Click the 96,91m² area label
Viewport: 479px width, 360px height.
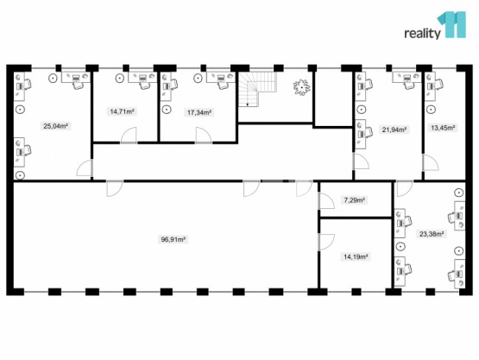(173, 239)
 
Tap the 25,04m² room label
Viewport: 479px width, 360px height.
(55, 125)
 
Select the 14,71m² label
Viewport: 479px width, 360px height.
(123, 111)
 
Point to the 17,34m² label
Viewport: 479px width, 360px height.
(199, 113)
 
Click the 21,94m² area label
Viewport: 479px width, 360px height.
(394, 129)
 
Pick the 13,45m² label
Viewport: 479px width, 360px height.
(443, 128)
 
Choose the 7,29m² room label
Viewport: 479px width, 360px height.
(356, 200)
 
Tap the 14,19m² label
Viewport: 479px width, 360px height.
(356, 256)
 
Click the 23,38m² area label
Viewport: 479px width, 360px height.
(432, 234)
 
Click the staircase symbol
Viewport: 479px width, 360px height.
(258, 89)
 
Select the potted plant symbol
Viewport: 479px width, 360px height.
(302, 87)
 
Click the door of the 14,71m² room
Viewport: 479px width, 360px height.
(129, 136)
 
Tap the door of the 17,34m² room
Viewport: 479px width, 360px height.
(204, 136)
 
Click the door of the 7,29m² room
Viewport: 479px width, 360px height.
(326, 201)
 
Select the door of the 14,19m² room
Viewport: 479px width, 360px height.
(326, 243)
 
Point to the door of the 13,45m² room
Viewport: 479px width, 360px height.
(431, 162)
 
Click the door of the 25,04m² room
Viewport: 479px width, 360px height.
(85, 167)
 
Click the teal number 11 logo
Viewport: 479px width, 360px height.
(452, 24)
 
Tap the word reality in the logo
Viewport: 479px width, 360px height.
(423, 34)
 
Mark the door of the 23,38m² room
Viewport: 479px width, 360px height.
(405, 188)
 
